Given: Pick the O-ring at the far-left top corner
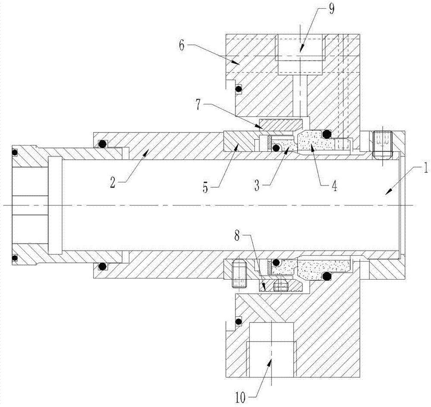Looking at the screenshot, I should (x=15, y=152).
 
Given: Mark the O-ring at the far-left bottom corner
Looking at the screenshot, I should (x=15, y=259).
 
